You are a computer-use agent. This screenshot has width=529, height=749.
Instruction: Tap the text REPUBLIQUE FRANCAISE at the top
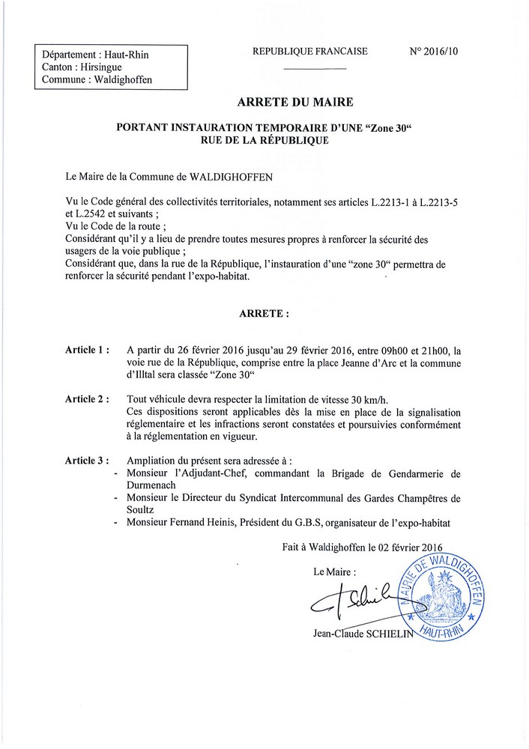pyautogui.click(x=310, y=52)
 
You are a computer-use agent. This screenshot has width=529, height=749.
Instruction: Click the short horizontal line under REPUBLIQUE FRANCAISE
pyautogui.click(x=315, y=69)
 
